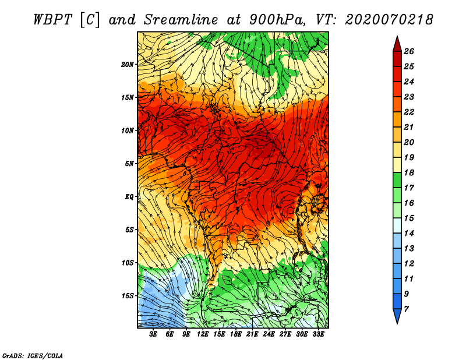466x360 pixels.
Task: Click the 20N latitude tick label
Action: tap(127, 65)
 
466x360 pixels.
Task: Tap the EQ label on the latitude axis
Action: tap(129, 197)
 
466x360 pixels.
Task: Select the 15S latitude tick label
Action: tap(127, 296)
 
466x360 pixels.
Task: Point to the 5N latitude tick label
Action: tap(129, 164)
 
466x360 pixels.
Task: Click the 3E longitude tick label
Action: tap(153, 334)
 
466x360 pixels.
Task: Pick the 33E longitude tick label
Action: tap(318, 334)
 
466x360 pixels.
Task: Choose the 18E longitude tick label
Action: tap(236, 334)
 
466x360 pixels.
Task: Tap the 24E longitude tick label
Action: tap(269, 334)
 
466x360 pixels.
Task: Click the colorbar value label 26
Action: tap(409, 51)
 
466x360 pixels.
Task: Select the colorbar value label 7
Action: tap(406, 309)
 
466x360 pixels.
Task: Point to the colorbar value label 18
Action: tap(409, 172)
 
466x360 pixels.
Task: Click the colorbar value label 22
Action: tap(409, 112)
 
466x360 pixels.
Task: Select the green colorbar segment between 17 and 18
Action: tap(397, 180)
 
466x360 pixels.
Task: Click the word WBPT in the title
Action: tap(52, 20)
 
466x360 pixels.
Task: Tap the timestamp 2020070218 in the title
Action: tap(389, 20)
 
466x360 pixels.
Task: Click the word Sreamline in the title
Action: tap(181, 20)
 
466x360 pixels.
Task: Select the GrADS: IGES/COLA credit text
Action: tap(33, 355)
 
